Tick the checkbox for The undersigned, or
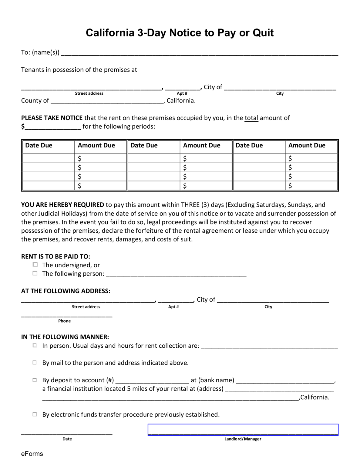35,265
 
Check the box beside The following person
35,273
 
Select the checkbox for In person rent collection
35,346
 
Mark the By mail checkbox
35,363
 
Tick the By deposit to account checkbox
35,380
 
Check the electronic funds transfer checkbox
35,414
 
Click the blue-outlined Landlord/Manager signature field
243,430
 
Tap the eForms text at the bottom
32,454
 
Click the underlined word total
251,118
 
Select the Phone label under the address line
64,321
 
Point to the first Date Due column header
39,145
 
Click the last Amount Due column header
307,145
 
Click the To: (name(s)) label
40,52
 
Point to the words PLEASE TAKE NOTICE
52,118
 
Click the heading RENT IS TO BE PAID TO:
56,256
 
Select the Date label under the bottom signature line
67,439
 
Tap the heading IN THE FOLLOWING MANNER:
65,337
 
